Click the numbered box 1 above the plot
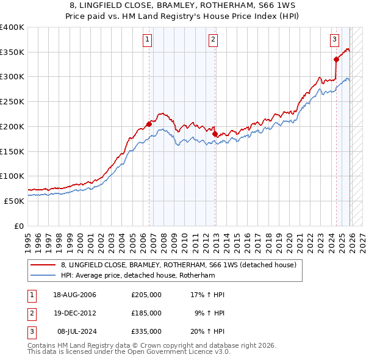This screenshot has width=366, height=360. click(x=148, y=40)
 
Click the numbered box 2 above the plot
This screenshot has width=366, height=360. click(x=213, y=40)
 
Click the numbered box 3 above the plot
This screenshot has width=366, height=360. click(x=335, y=40)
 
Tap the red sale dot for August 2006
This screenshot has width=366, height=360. click(x=149, y=124)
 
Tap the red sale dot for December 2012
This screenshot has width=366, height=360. click(x=215, y=134)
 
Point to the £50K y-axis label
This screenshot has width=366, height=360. click(x=14, y=201)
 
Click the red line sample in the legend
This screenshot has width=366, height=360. click(x=44, y=265)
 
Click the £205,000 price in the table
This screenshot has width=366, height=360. click(x=146, y=295)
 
